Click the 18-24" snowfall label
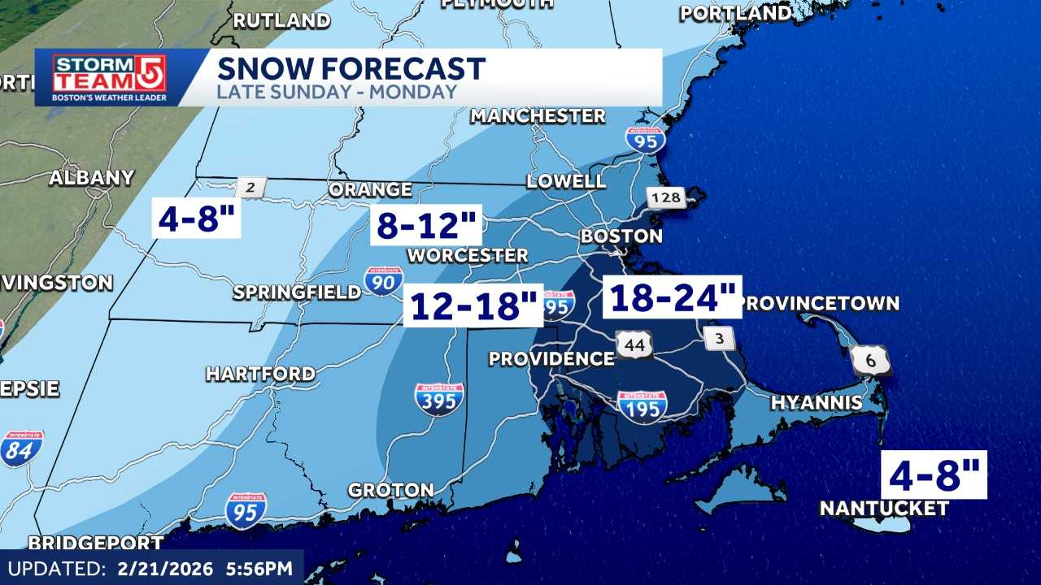pos(672,297)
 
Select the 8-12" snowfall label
pos(427,224)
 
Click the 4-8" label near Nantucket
pos(934,475)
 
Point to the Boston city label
pos(621,236)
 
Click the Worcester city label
pos(468,255)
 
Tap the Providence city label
pos(551,358)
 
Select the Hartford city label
pos(260,374)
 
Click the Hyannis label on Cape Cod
pos(817,402)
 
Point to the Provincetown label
pos(821,303)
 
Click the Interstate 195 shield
pos(642,406)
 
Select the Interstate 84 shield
pos(21,448)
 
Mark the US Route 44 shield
pos(634,345)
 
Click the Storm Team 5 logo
pos(110,77)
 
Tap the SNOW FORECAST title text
pos(351,68)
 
